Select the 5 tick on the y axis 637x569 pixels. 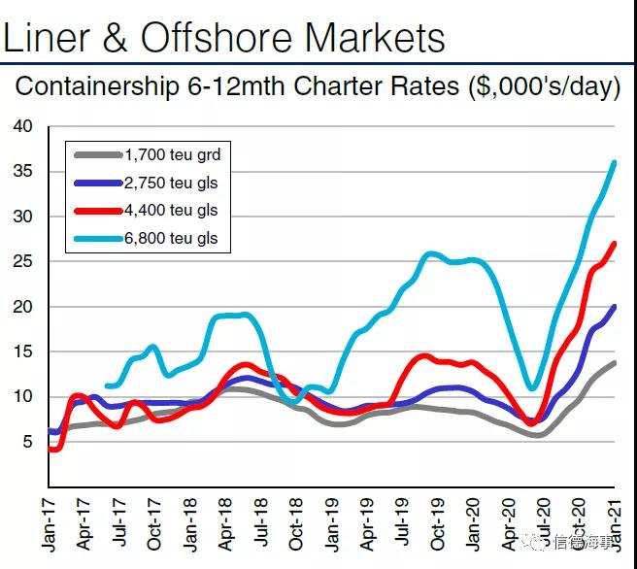[28, 442]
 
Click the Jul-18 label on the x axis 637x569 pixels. [261, 523]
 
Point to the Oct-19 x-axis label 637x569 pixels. [438, 523]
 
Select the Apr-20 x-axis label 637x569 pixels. [509, 523]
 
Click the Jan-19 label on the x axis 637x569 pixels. [332, 523]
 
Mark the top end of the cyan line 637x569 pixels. [614, 162]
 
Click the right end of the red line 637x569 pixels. [614, 244]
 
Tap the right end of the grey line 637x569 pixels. [614, 363]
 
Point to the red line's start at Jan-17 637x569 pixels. [49, 450]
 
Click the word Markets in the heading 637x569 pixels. [375, 37]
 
